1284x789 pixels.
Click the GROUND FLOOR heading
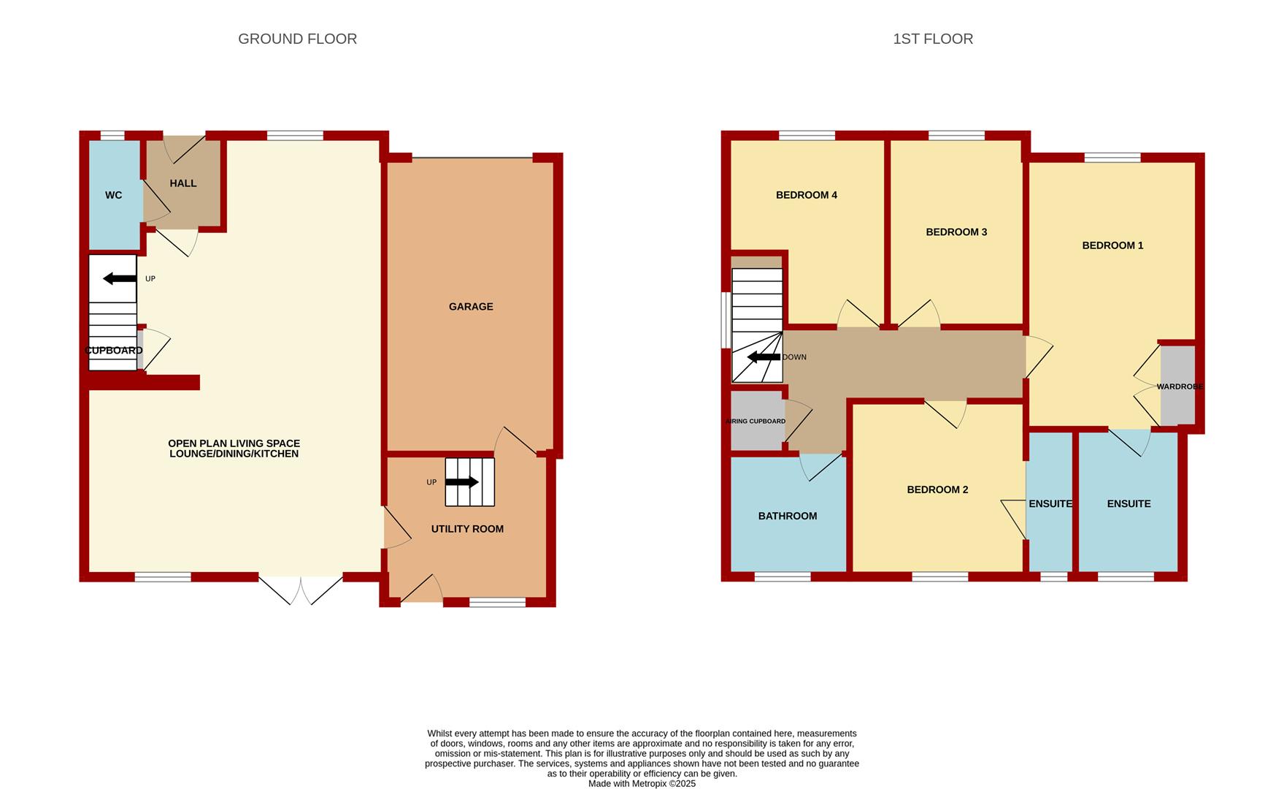297,39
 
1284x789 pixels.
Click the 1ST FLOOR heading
933,39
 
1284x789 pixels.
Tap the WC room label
113,195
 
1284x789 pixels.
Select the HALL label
183,183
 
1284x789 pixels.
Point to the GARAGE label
471,307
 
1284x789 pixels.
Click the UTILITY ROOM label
467,529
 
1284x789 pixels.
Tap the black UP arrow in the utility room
461,482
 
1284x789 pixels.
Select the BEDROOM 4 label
807,195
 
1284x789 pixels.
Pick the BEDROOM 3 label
956,232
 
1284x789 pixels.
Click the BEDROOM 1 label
1112,245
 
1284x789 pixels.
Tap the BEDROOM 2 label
937,489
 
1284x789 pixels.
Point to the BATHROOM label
788,516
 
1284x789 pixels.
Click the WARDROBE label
1180,386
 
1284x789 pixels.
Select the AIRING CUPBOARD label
756,422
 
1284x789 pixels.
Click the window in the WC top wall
112,135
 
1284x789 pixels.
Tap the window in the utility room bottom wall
497,603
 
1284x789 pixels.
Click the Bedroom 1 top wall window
1112,157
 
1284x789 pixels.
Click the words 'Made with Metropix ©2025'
642,784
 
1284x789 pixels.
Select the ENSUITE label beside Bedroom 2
1050,503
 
